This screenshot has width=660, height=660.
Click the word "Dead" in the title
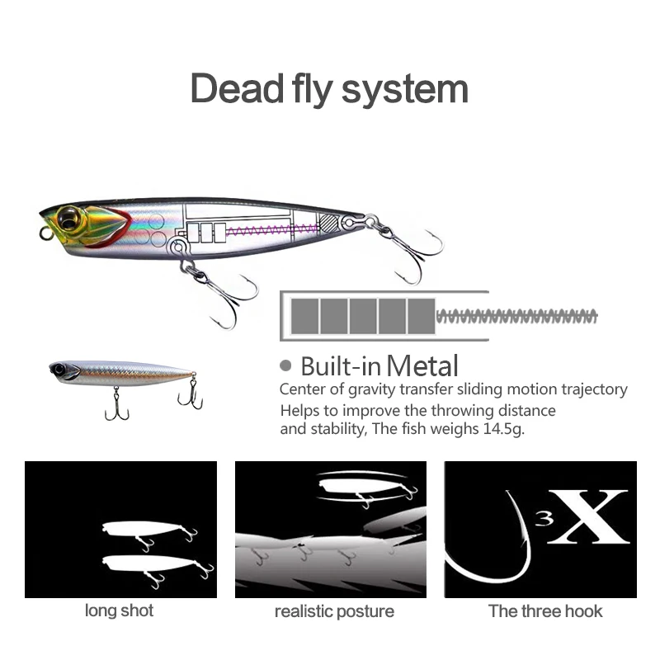click(236, 89)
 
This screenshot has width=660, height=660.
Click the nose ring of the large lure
click(46, 234)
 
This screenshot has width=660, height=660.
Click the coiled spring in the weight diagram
click(516, 315)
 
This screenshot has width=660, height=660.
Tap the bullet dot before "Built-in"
click(286, 365)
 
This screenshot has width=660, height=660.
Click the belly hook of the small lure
click(116, 405)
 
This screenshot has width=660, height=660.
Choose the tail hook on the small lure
click(191, 395)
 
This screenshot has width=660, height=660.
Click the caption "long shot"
click(119, 611)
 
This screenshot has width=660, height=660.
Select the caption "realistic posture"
click(334, 612)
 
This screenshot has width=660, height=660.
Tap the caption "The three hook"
click(545, 611)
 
